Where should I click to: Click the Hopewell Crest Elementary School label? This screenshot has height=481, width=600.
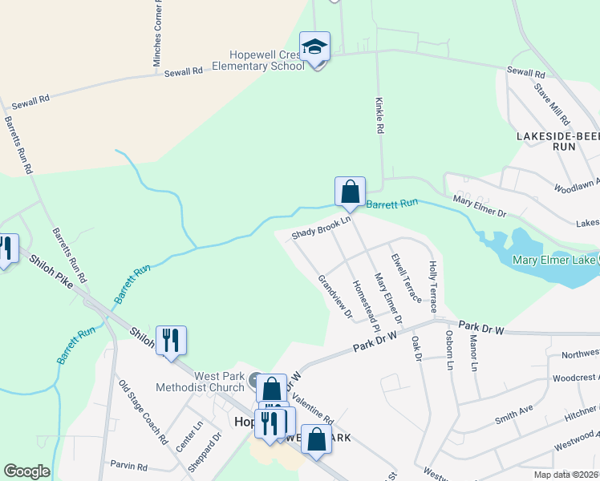pyautogui.click(x=258, y=60)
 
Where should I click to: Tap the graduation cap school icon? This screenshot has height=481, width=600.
pyautogui.click(x=315, y=46)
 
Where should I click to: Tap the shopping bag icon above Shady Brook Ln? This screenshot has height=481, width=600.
pyautogui.click(x=350, y=192)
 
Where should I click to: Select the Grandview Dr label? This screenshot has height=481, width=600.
pyautogui.click(x=335, y=297)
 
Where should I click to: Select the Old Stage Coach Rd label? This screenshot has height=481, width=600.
pyautogui.click(x=142, y=411)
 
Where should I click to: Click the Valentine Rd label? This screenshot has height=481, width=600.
pyautogui.click(x=312, y=408)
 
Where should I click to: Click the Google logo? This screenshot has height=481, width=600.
pyautogui.click(x=26, y=471)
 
